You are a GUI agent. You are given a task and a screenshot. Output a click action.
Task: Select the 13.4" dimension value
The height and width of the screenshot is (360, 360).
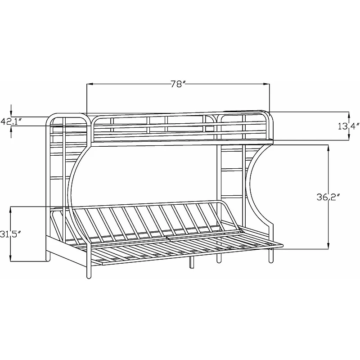click(x=349, y=126)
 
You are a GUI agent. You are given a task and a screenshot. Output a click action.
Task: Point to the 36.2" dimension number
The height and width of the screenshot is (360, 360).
click(x=328, y=197)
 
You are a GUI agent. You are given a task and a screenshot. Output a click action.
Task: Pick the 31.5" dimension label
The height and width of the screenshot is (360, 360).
click(x=10, y=234)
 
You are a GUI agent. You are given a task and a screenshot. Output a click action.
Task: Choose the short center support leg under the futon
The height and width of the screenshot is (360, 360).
click(x=191, y=264)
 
